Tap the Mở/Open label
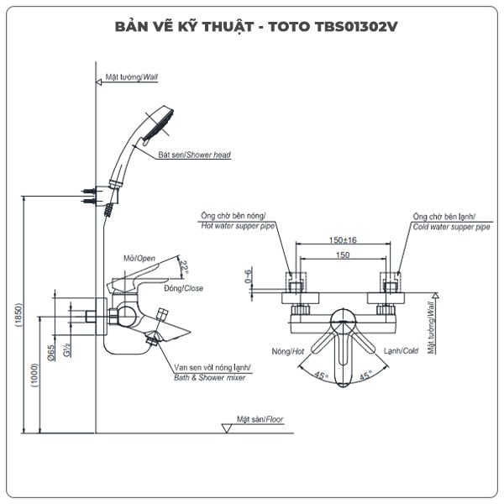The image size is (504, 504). click(x=139, y=258)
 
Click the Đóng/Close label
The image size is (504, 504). click(x=184, y=288)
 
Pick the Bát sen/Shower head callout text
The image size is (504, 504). click(x=194, y=155)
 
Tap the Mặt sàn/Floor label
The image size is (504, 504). click(x=260, y=417)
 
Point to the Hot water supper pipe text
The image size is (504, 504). click(x=239, y=227)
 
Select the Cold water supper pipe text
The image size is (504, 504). click(x=451, y=227)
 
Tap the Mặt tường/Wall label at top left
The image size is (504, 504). click(x=132, y=76)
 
